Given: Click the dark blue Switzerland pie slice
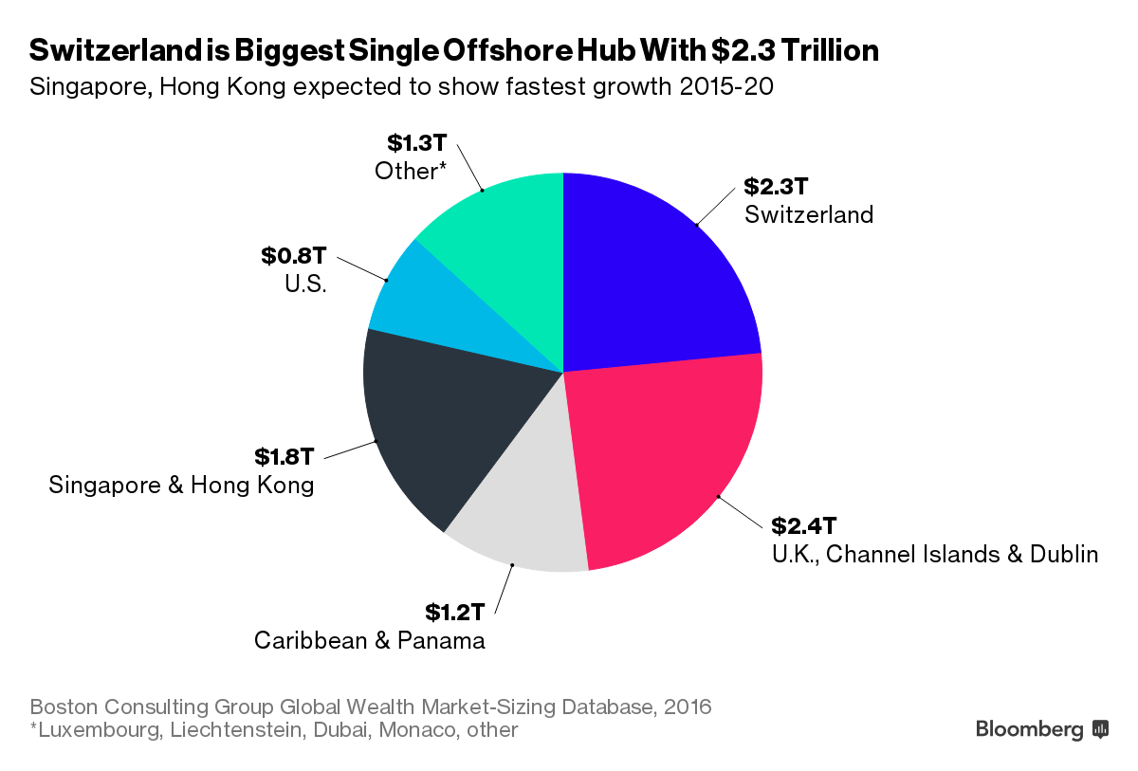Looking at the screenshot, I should point(654,275).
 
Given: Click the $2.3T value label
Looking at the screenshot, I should point(775,186).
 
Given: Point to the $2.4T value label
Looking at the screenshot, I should point(801,525).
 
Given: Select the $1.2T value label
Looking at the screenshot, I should point(454,612).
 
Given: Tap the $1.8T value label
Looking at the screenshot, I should point(283,456).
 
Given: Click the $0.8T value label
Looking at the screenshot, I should point(294,256).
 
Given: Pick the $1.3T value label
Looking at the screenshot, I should point(415,142).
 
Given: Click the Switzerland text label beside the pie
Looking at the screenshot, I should point(808,214).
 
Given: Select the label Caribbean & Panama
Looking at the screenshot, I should point(369,641).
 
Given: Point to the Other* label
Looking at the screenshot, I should point(410,172).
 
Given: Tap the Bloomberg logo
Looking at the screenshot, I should point(1041,729).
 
